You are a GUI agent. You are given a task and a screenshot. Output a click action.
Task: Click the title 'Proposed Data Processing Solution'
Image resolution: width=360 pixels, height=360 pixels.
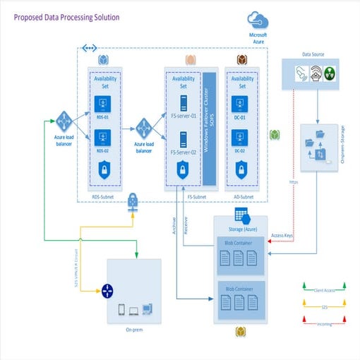[x=67, y=17]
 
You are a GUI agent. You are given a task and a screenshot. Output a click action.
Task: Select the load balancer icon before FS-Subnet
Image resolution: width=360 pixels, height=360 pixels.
[x=144, y=129]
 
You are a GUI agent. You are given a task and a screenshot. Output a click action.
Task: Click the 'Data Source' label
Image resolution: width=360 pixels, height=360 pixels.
[x=313, y=54]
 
